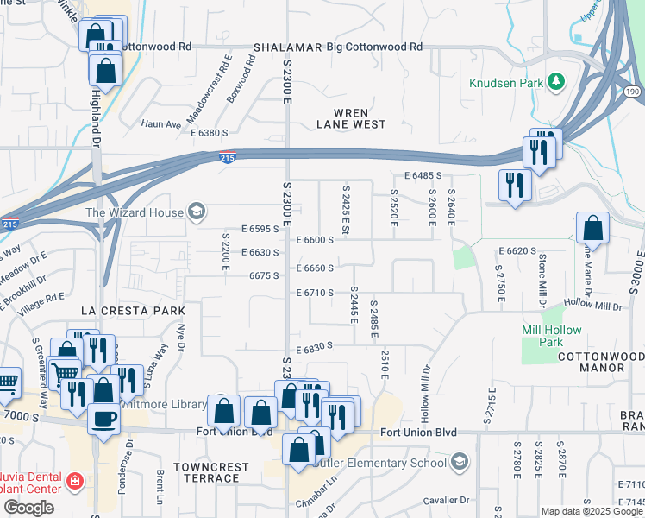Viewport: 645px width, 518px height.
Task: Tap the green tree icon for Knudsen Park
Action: click(x=557, y=82)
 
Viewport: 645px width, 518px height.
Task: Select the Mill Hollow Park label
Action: click(x=552, y=337)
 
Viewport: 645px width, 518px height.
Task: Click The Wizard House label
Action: click(x=134, y=212)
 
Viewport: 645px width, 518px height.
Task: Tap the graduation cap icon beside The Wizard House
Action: click(x=196, y=212)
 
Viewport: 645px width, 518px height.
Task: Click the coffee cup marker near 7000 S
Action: click(x=104, y=419)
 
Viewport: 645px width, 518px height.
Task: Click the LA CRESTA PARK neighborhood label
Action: click(x=122, y=309)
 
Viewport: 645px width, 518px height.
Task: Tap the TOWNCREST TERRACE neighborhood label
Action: click(x=212, y=472)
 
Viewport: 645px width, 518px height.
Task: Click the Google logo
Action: click(x=28, y=508)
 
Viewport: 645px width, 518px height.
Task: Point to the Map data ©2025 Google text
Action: click(x=592, y=511)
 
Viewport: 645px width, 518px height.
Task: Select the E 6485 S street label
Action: click(x=422, y=175)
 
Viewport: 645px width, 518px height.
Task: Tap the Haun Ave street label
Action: click(x=160, y=123)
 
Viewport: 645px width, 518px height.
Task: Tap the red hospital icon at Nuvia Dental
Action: click(x=75, y=480)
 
